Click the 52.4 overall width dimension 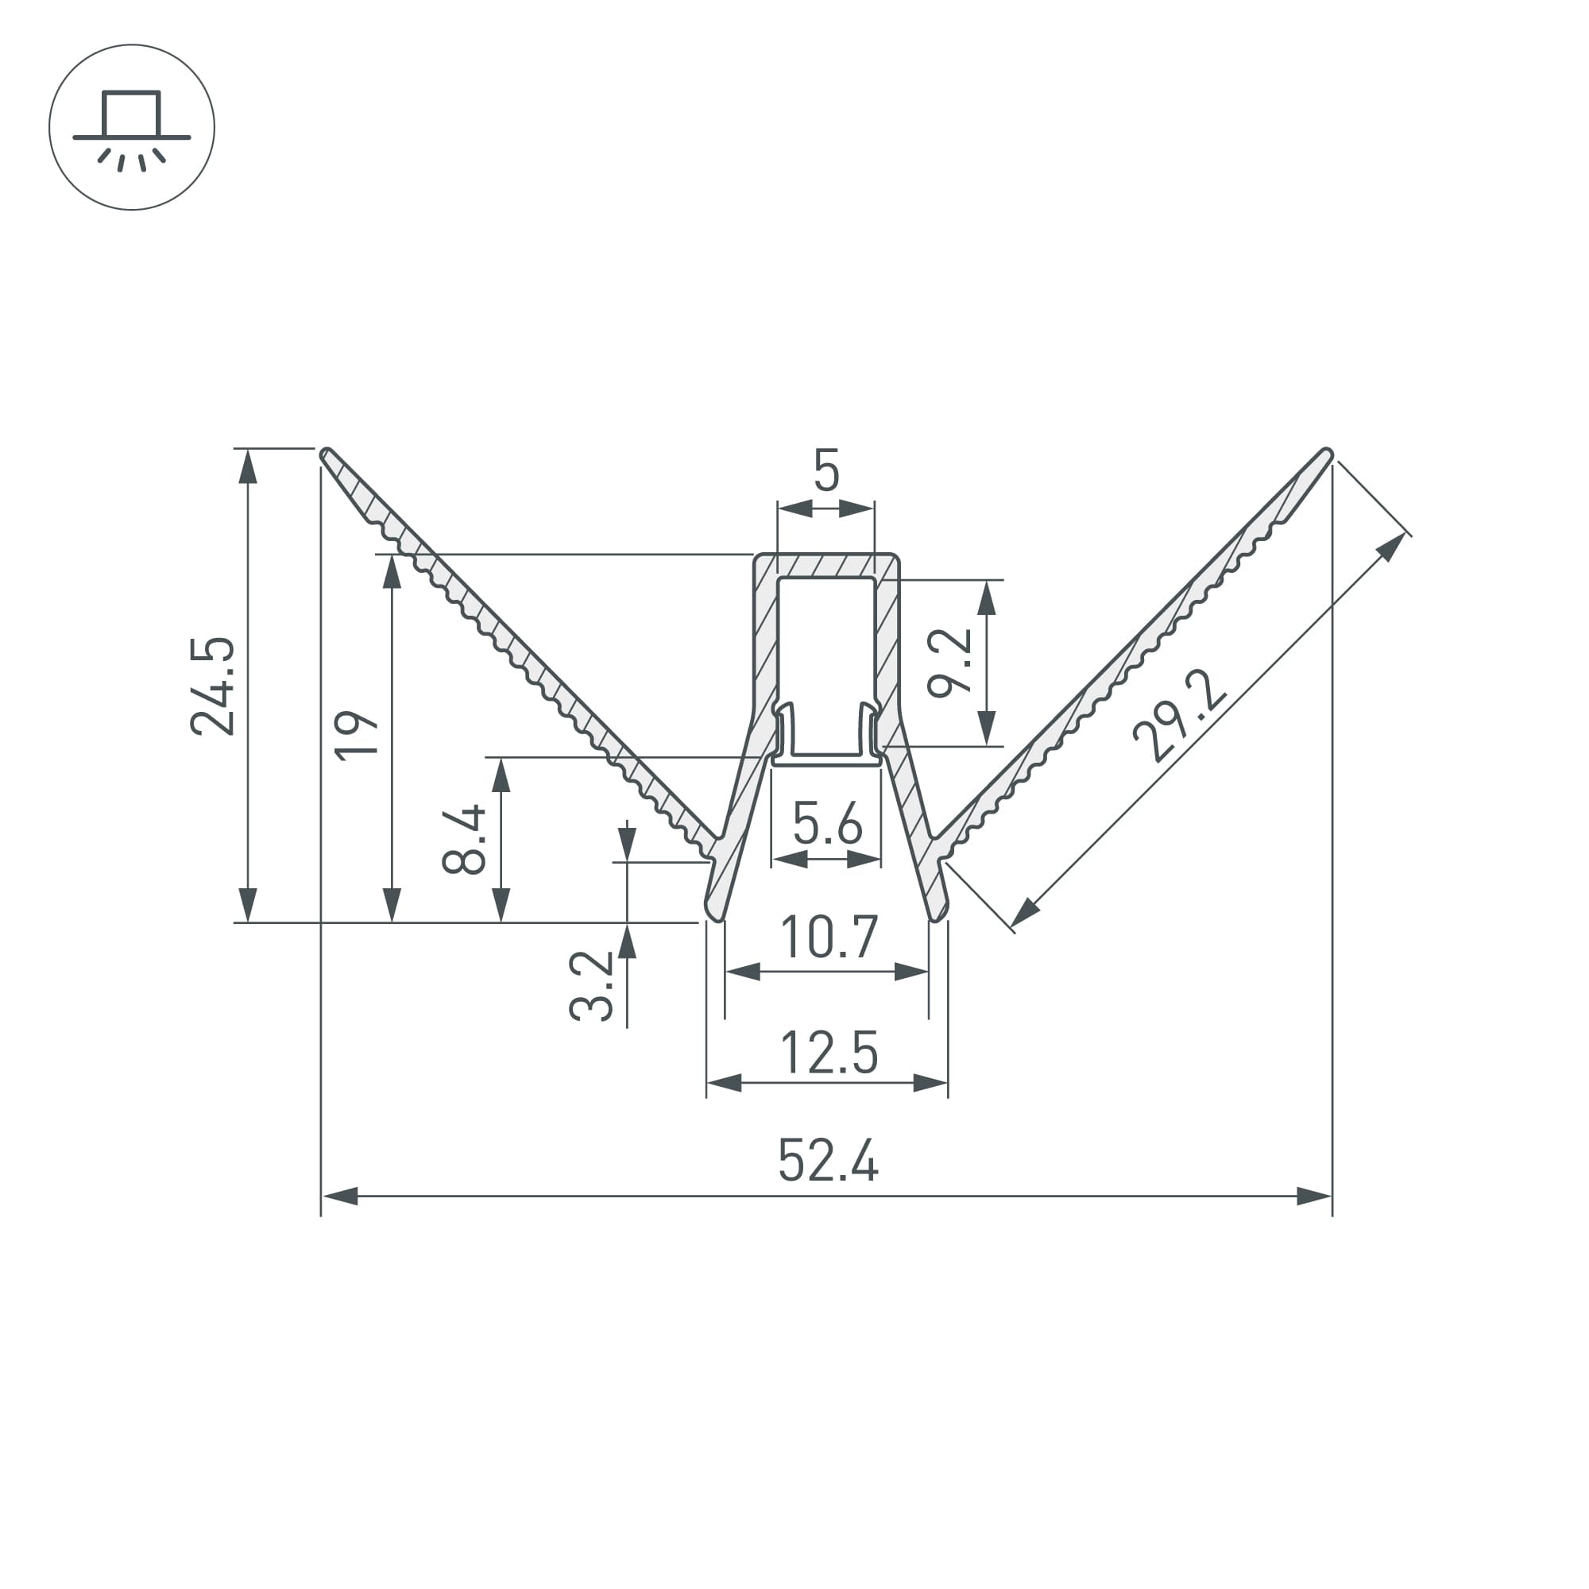tap(828, 1161)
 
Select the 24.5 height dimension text tap(213, 686)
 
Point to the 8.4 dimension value tap(464, 840)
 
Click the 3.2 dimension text tap(591, 986)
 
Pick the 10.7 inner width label tap(828, 937)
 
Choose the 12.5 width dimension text tap(828, 1053)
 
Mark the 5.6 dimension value tap(827, 823)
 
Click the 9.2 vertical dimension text tap(950, 663)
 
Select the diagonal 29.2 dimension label tap(1179, 715)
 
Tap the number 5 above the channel tap(825, 471)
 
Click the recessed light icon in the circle tap(132, 127)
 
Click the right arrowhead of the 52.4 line tap(1313, 1196)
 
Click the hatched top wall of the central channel tap(825, 566)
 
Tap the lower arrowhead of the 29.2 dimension tap(1025, 912)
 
